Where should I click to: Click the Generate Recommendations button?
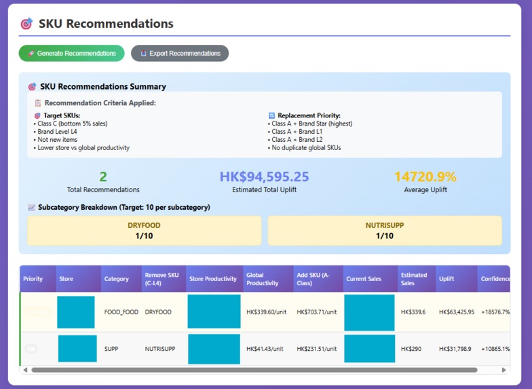point(71,54)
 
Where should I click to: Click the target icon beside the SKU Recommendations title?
point(26,24)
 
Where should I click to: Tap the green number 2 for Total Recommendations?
point(103,177)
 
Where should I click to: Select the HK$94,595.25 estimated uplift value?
point(264,177)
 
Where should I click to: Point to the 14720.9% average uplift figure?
point(425,177)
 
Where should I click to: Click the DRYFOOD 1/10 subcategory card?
point(144,231)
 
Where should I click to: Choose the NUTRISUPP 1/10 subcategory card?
point(384,231)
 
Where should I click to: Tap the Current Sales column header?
point(369,279)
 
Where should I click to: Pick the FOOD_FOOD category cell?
point(121,312)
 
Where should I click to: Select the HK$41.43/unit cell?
point(265,349)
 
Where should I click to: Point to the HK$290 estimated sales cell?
point(411,349)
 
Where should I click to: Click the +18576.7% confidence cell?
point(495,312)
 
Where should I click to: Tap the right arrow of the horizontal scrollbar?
point(503,370)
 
